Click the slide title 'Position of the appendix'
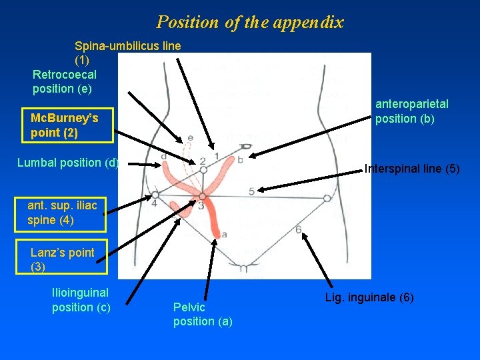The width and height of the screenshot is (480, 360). pyautogui.click(x=250, y=22)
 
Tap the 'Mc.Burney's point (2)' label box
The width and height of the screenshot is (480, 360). pyautogui.click(x=64, y=125)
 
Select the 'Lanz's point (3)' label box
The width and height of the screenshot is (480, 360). pyautogui.click(x=63, y=259)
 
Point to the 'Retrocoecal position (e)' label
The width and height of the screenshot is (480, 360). pyautogui.click(x=64, y=81)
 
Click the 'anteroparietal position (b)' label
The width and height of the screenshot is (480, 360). pyautogui.click(x=411, y=111)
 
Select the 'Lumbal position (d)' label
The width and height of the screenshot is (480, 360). pyautogui.click(x=67, y=163)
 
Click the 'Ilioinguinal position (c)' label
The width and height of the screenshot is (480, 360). pyautogui.click(x=81, y=299)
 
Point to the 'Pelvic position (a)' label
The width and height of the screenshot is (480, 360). pyautogui.click(x=203, y=314)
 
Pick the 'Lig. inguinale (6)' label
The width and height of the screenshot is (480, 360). pyautogui.click(x=369, y=297)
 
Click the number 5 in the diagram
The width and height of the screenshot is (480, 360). pyautogui.click(x=251, y=191)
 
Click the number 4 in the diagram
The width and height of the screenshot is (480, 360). pyautogui.click(x=154, y=203)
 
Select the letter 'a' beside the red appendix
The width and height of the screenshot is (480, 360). pyautogui.click(x=223, y=234)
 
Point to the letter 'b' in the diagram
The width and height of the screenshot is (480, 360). pyautogui.click(x=240, y=160)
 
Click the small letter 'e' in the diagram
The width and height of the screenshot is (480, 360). pyautogui.click(x=190, y=138)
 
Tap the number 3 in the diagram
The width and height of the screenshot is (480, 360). pyautogui.click(x=201, y=206)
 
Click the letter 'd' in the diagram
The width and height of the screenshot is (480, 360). pyautogui.click(x=163, y=156)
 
